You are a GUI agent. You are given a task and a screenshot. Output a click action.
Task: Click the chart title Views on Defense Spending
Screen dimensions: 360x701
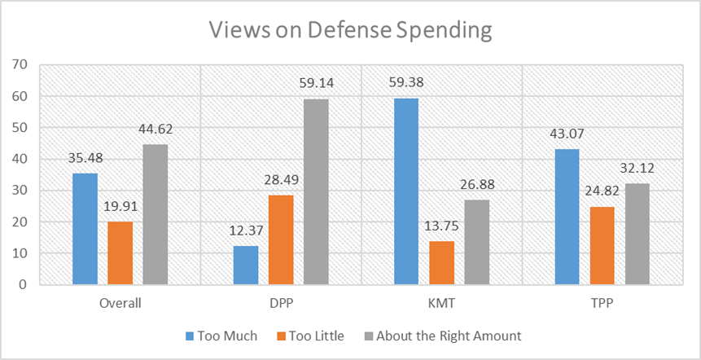coord(350,30)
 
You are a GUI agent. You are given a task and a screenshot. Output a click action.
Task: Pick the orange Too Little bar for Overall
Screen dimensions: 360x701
coord(120,253)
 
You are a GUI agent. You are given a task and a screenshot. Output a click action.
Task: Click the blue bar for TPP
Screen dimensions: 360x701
coord(567,217)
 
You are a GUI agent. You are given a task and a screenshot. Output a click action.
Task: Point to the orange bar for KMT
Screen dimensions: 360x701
coord(442,263)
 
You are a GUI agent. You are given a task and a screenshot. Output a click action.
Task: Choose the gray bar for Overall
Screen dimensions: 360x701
coord(155,214)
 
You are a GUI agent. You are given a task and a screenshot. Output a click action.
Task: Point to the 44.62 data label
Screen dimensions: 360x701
coord(156,129)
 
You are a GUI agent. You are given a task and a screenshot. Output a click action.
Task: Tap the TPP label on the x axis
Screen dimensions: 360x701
coord(602,304)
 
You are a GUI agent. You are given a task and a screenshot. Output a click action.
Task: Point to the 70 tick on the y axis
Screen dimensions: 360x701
coord(20,64)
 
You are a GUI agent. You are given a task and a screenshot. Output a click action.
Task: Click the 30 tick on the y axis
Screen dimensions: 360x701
coord(20,191)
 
